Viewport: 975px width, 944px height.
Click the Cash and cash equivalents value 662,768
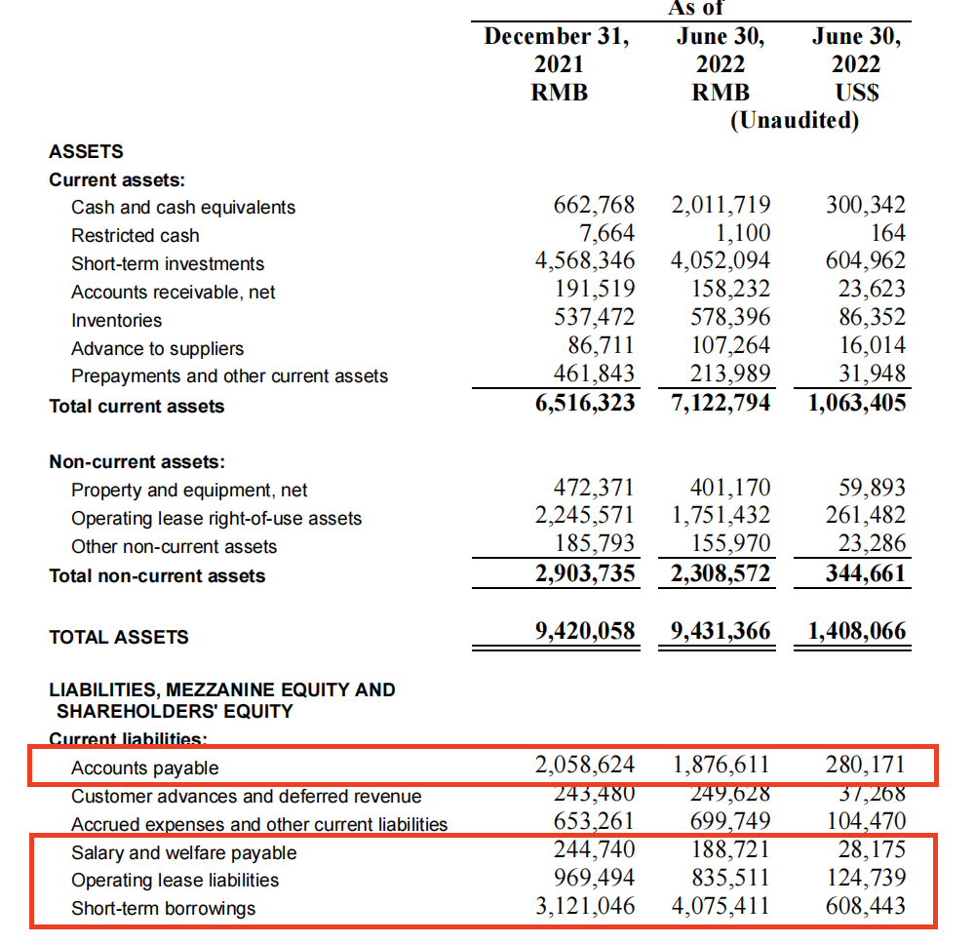594,206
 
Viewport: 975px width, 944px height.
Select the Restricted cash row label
135,235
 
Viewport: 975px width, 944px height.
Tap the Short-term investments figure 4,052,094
721,261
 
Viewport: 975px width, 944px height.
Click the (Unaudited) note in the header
795,120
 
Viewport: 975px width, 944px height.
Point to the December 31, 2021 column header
557,64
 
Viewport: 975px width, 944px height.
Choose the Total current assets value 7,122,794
721,404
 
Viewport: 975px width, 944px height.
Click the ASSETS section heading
86,151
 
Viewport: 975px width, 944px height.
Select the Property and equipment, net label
189,491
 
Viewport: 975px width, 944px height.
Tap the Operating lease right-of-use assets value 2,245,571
585,516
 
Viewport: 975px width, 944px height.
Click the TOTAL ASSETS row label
119,637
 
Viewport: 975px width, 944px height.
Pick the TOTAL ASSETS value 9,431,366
721,632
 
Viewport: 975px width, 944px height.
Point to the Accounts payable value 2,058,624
585,765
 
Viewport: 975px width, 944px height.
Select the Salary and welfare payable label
183,852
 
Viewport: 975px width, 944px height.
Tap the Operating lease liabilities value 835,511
721,879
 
